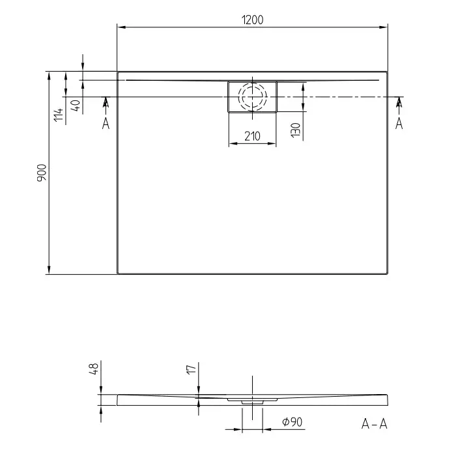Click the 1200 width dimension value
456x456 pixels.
pos(253,20)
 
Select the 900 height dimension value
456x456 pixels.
pos(42,173)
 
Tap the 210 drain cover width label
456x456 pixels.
pos(252,136)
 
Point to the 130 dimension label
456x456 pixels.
pos(296,130)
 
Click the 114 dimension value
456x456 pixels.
pos(59,115)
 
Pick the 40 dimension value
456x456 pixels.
pos(76,105)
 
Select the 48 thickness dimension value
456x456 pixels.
pos(94,369)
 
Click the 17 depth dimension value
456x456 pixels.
pos(192,369)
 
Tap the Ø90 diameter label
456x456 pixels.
pos(292,421)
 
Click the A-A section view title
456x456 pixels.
pos(375,424)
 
